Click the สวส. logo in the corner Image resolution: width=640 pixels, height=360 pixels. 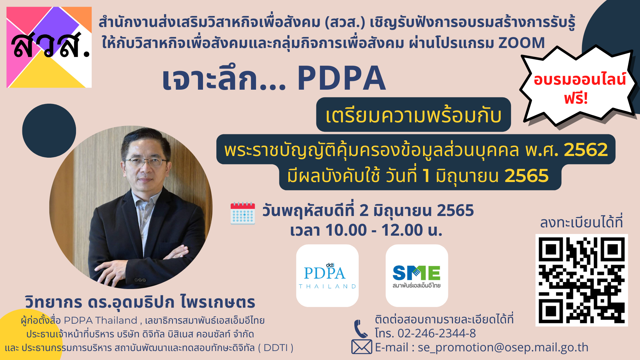point(49,47)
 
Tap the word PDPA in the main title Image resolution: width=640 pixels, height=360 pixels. point(342,78)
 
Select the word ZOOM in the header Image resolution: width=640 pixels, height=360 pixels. point(522,43)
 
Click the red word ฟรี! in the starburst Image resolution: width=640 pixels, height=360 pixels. point(576,98)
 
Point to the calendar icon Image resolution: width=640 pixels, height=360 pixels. point(243,213)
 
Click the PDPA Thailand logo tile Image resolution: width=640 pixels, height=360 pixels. point(327,276)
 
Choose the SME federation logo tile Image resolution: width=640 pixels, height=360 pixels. point(417,276)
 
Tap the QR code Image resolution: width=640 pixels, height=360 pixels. point(582,280)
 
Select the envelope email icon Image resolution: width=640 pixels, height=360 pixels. point(362,347)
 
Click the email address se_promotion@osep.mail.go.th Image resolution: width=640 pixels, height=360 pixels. point(503,347)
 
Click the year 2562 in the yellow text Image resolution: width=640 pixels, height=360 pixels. point(586,150)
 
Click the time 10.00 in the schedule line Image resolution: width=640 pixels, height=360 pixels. point(346,230)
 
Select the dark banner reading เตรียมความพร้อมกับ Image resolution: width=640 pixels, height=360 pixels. point(413,115)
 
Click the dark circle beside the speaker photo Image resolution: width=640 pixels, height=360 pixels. point(49,131)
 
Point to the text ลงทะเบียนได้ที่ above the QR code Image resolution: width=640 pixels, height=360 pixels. point(581,223)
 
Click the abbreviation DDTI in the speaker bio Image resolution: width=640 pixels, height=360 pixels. point(275,348)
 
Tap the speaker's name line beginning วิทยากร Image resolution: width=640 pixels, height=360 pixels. point(140,302)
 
